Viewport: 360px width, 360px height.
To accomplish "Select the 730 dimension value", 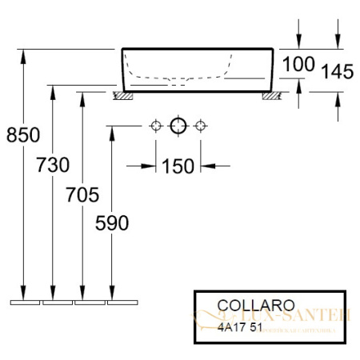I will coord(54,166).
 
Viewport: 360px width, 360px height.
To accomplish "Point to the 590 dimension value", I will coord(113,224).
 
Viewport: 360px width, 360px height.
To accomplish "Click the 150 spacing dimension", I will coord(178,166).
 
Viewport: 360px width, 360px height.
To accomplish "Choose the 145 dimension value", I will coord(336,72).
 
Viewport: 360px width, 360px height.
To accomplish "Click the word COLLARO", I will coord(245,305).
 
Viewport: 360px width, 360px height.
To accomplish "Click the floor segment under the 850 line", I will coord(25,304).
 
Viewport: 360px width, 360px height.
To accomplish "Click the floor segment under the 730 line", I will coord(58,304).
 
